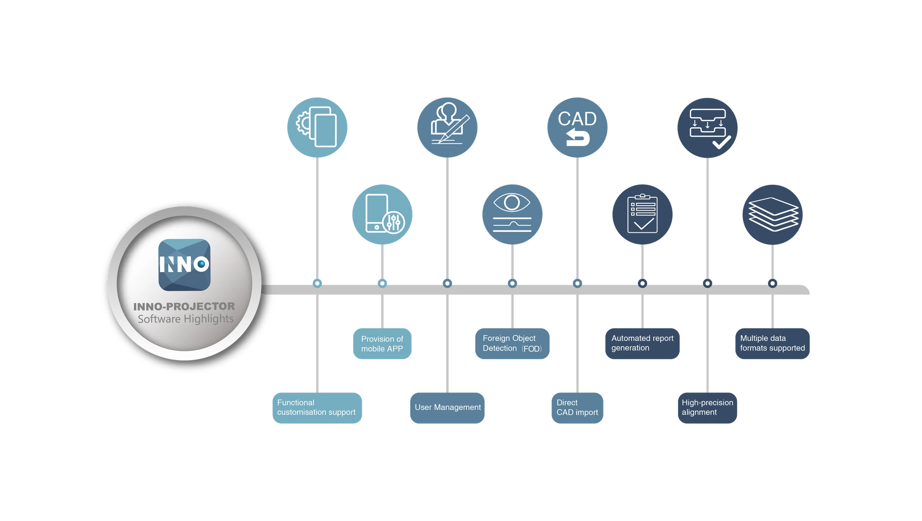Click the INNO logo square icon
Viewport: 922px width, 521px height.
coord(184,265)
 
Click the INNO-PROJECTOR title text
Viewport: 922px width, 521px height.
coord(184,306)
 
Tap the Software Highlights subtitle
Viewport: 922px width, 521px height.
coord(185,319)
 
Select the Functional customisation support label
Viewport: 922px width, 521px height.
coord(317,408)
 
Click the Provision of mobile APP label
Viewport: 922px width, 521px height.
coord(382,343)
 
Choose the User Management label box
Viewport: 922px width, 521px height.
coord(447,408)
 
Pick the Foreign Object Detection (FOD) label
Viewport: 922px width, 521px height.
coord(512,343)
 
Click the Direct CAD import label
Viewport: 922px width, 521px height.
coord(577,408)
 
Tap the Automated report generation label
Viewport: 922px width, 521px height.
coord(642,343)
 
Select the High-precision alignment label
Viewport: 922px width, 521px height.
coord(707,408)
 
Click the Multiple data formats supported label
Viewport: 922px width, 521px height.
coord(772,343)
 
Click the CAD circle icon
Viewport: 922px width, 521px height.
coord(577,127)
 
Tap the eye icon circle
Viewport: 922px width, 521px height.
coord(512,214)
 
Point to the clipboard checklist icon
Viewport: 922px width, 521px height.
coord(642,214)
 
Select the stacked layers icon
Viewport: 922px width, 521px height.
coord(772,214)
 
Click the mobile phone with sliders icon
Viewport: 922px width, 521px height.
coord(382,214)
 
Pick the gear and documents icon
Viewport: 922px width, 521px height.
coord(317,127)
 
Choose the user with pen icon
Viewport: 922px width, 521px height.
coord(447,127)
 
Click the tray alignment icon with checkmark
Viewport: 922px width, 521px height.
coord(707,128)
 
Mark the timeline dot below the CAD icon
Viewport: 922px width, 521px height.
coord(577,283)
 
